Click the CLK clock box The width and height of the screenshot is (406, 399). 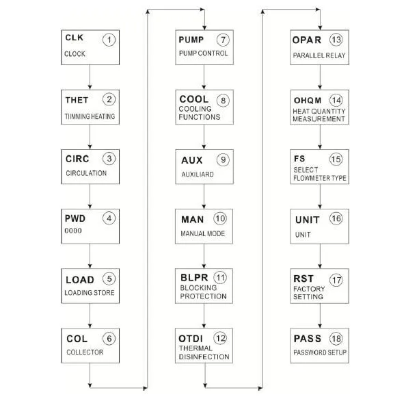pyautogui.click(x=90, y=47)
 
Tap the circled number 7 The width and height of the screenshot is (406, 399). pyautogui.click(x=223, y=40)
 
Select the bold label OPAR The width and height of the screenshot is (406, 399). pyautogui.click(x=307, y=40)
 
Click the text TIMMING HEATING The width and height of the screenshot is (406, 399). pyautogui.click(x=90, y=116)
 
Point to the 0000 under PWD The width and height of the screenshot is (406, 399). pyautogui.click(x=73, y=231)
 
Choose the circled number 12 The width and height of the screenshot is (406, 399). pyautogui.click(x=220, y=338)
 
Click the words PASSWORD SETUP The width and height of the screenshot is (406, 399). pyautogui.click(x=320, y=352)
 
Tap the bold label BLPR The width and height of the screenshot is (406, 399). pyautogui.click(x=194, y=278)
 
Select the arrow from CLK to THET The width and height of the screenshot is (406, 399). pyautogui.click(x=90, y=77)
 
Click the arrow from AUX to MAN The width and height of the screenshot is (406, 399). pyautogui.click(x=204, y=196)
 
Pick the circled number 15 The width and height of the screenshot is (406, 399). pyautogui.click(x=336, y=159)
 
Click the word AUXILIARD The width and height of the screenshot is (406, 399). pyautogui.click(x=198, y=175)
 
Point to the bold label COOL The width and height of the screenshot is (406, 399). pyautogui.click(x=194, y=99)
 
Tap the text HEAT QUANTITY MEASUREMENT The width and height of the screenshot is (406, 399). pyautogui.click(x=319, y=115)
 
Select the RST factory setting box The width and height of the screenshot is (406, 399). pyautogui.click(x=319, y=286)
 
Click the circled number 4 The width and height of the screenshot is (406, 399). pyautogui.click(x=109, y=218)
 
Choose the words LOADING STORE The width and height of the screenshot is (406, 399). pyautogui.click(x=90, y=293)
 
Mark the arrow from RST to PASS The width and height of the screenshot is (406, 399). pyautogui.click(x=320, y=316)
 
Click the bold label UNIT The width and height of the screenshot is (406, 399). pyautogui.click(x=308, y=220)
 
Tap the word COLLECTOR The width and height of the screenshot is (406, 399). pyautogui.click(x=85, y=352)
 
